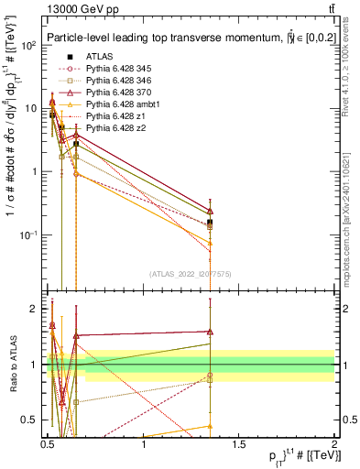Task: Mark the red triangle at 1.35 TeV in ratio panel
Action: [x=211, y=332]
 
